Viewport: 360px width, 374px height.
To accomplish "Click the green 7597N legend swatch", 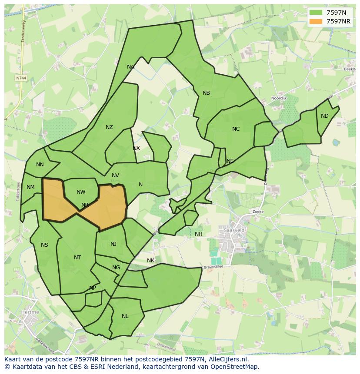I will coord(316,12).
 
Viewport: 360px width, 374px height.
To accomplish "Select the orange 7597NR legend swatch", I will coord(316,21).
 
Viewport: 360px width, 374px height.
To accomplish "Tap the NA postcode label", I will coord(130,67).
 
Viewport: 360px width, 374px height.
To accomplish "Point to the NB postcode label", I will coord(206,93).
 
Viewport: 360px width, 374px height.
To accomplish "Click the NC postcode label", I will coord(236,129).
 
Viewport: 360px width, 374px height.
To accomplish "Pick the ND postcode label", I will coord(325,116).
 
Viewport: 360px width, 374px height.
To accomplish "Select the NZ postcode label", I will coord(109,127).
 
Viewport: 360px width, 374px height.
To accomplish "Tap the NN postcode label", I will coord(40,165).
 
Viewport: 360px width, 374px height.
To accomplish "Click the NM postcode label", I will coord(30,188).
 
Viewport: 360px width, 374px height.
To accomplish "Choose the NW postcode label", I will coord(81,192).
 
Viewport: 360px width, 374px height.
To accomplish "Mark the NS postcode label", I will coord(44,245).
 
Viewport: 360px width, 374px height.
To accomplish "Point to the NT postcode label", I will coord(77,258).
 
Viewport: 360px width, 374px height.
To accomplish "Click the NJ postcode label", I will coord(113,244).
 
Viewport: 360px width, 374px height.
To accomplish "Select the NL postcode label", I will coord(125,316).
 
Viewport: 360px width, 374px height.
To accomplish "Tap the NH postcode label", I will coord(199,234).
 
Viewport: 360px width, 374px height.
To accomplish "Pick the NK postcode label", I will coord(150,261).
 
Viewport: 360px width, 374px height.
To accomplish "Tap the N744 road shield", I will coord(20,78).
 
